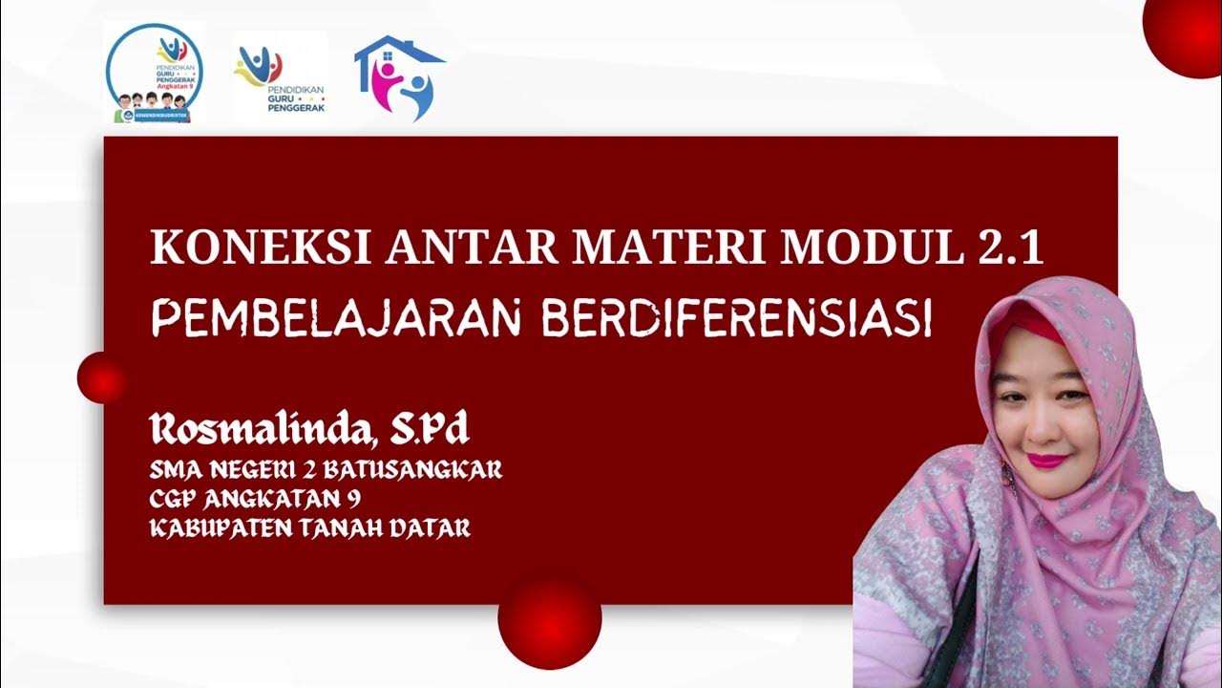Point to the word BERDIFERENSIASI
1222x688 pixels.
(736, 317)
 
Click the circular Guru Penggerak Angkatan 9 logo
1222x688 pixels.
(155, 74)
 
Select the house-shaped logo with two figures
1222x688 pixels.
(400, 76)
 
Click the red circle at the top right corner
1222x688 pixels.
(1185, 34)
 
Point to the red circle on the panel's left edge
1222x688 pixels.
(101, 377)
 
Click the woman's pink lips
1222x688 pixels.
(1046, 461)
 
